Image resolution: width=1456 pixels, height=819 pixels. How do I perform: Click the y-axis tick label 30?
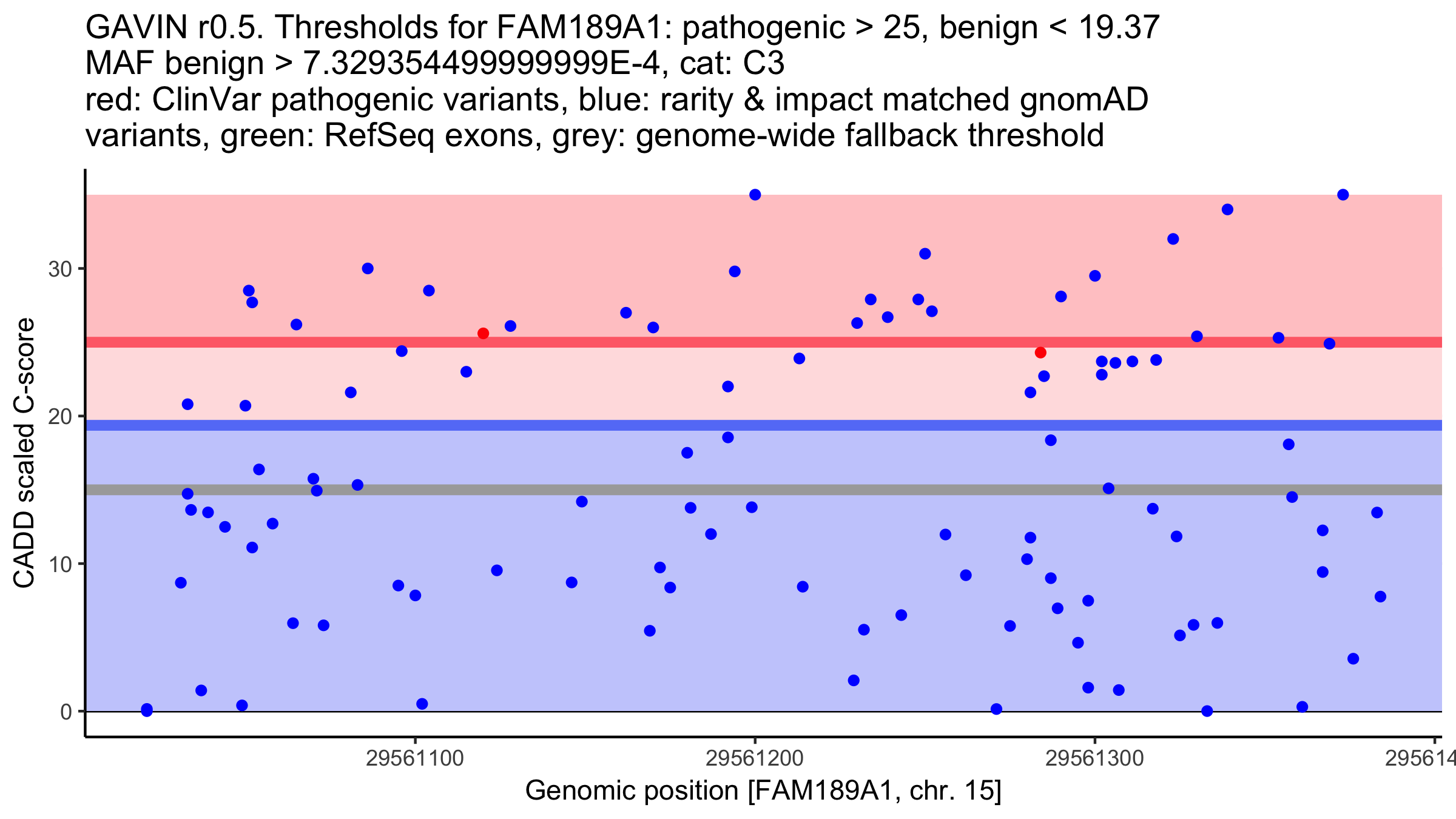[59, 269]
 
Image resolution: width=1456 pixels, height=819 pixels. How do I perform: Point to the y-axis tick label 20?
[59, 417]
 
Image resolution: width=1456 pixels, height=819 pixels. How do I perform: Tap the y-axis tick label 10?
[59, 564]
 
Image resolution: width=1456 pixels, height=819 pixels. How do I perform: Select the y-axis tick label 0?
[66, 712]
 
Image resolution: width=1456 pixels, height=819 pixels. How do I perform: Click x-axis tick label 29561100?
[415, 758]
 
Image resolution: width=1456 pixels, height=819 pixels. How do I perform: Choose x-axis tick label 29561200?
[755, 758]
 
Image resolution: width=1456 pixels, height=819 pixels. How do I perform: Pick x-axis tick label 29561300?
[1094, 758]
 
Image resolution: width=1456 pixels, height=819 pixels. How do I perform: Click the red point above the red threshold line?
[483, 333]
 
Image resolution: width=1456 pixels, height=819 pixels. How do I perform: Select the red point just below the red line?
[1040, 352]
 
